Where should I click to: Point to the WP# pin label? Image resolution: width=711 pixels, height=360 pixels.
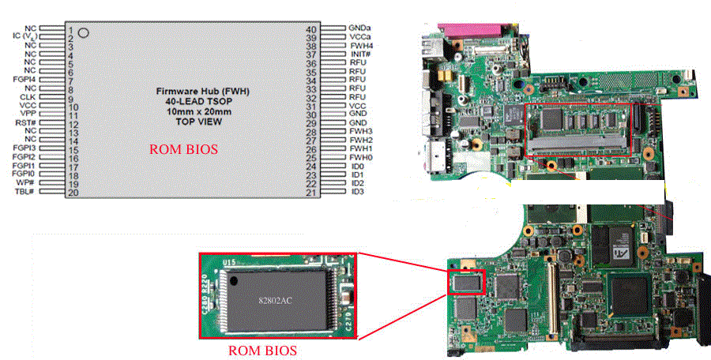click(x=28, y=183)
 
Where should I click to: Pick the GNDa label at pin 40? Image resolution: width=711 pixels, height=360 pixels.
click(x=360, y=28)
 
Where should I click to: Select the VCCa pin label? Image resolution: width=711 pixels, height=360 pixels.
click(x=360, y=37)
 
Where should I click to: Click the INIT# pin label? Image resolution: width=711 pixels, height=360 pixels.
click(x=359, y=54)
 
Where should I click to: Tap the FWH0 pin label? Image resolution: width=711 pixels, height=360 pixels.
click(x=361, y=158)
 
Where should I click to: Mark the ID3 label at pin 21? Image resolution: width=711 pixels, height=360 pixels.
click(x=357, y=192)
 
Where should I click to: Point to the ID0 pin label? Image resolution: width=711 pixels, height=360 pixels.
click(x=357, y=167)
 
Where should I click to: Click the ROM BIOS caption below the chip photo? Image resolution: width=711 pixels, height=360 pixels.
click(x=262, y=351)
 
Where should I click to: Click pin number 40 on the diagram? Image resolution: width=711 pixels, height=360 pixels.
click(x=310, y=29)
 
